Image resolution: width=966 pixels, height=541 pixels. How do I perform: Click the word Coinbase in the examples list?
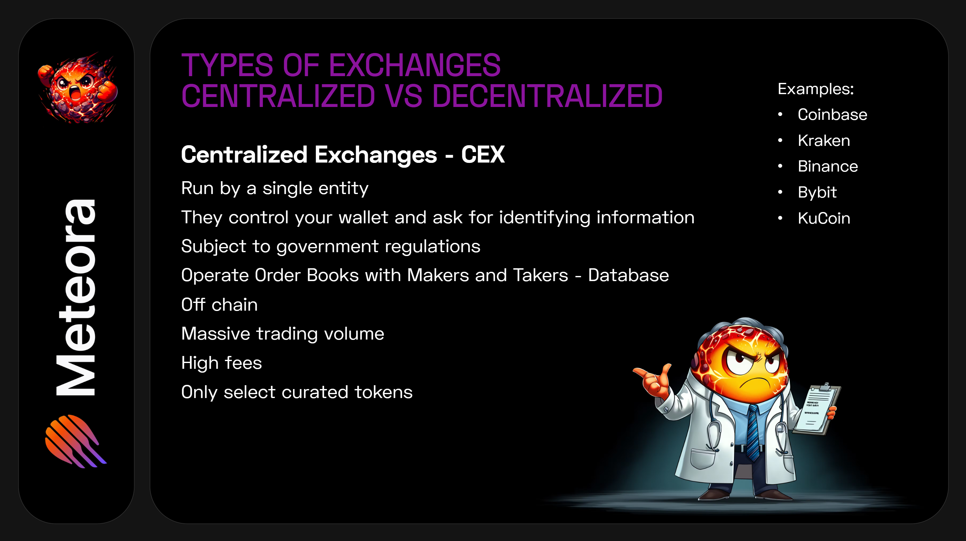click(x=832, y=114)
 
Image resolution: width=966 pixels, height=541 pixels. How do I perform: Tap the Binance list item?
click(x=828, y=166)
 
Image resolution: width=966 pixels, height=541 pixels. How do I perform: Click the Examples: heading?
click(x=815, y=89)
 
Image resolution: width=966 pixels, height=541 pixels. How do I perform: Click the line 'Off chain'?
click(x=219, y=305)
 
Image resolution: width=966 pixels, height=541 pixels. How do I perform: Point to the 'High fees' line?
click(x=221, y=363)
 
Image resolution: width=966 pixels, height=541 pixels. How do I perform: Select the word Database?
click(x=628, y=275)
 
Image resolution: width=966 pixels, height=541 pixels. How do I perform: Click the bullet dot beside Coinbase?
click(x=780, y=114)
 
